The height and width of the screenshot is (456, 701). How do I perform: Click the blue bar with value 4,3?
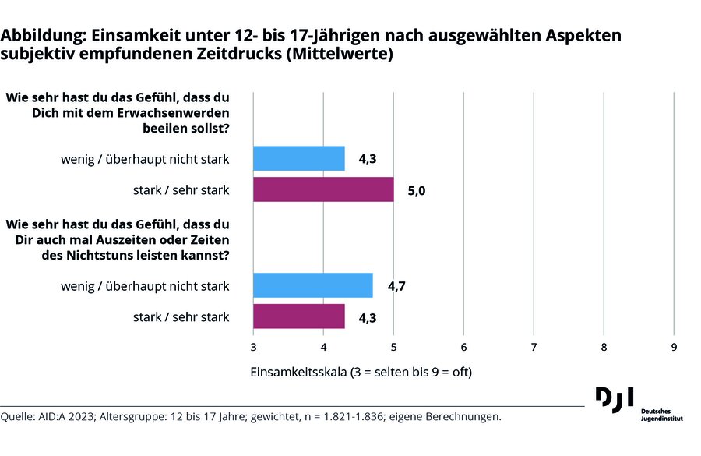point(299,158)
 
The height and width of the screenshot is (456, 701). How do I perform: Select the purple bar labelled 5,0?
point(323,189)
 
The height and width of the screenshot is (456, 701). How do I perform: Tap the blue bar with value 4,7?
point(313,285)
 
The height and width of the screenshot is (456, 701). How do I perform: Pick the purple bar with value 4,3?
point(299,316)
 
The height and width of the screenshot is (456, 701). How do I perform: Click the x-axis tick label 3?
point(254,346)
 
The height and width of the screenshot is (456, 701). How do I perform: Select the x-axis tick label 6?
point(463,346)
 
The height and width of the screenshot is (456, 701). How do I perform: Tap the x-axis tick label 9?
point(674,346)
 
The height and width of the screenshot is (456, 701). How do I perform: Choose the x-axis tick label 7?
point(534,346)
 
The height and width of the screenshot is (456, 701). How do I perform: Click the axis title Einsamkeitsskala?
point(298,372)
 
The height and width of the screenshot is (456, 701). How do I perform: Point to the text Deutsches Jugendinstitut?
point(658,414)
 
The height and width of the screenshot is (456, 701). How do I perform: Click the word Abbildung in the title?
point(44,36)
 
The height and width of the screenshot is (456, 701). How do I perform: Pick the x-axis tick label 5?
point(393,346)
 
